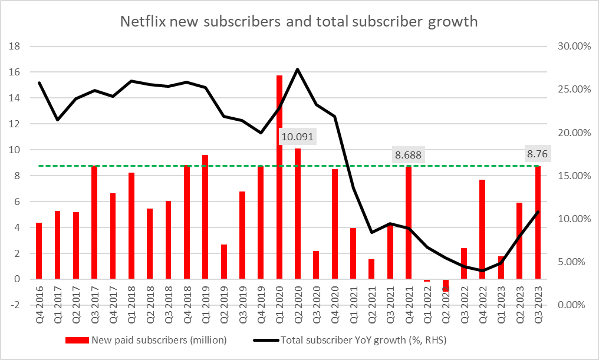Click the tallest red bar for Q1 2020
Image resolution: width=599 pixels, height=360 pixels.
pos(279,177)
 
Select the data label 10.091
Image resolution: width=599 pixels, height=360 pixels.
pos(297,137)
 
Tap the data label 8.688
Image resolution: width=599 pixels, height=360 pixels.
pos(408,155)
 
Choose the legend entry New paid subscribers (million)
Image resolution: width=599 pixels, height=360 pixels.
pos(158,340)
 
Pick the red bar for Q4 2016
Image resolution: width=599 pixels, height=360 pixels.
pos(39,251)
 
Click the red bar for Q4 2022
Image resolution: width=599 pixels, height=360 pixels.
pos(482,229)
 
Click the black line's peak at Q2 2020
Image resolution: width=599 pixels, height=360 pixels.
pos(297,70)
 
